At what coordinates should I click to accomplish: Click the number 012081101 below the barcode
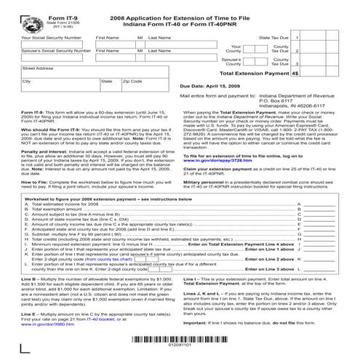pos(179,348)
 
